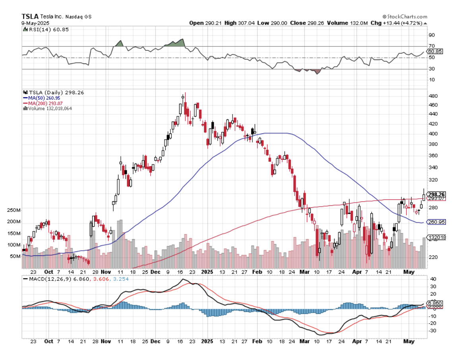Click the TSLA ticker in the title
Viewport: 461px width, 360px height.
coord(30,17)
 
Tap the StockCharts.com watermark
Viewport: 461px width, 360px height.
coord(405,17)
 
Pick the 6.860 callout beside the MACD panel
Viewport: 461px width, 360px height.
coord(434,303)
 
